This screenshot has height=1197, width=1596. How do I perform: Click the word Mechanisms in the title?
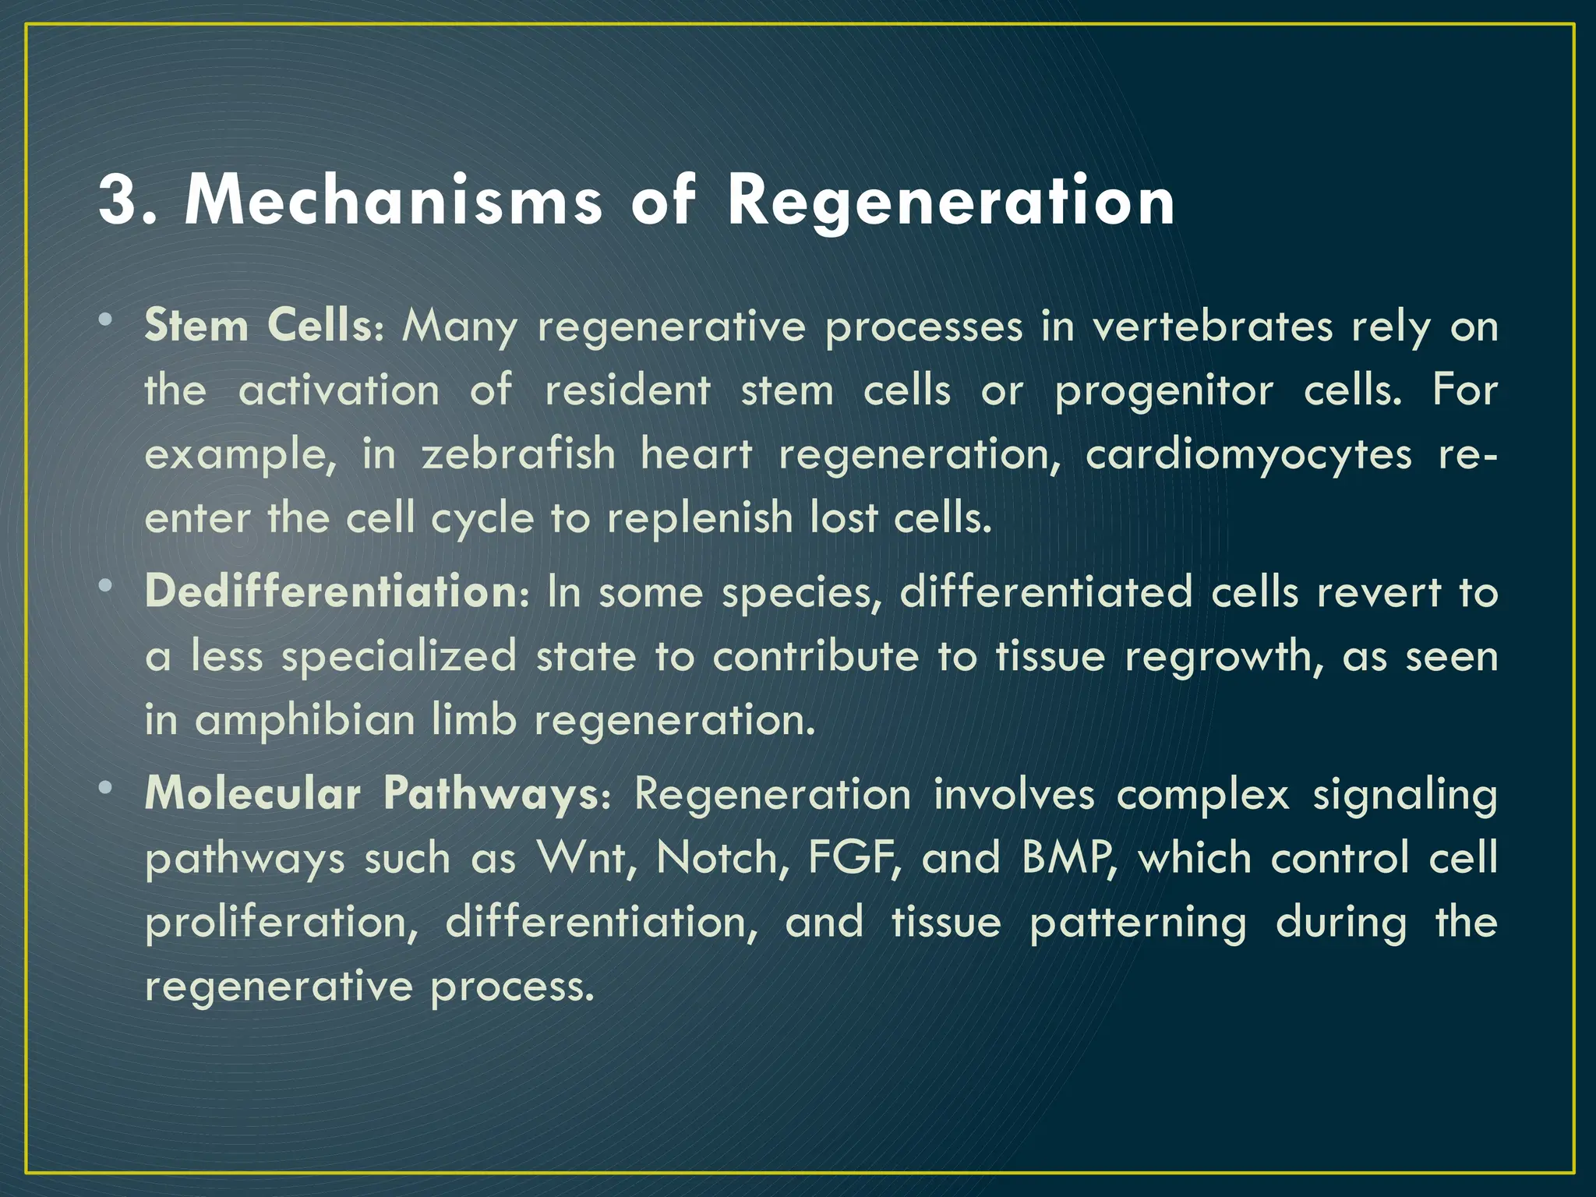[x=393, y=200]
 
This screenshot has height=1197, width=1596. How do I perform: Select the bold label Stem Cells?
[x=259, y=326]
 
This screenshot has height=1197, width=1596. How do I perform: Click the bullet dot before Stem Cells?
[x=106, y=320]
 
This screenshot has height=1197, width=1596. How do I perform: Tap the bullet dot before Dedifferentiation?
[x=106, y=586]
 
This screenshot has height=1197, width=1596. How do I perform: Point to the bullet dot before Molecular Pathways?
[x=106, y=789]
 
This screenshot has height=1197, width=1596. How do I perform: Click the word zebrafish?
[x=518, y=454]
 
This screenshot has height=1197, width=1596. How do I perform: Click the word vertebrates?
[x=1212, y=326]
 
